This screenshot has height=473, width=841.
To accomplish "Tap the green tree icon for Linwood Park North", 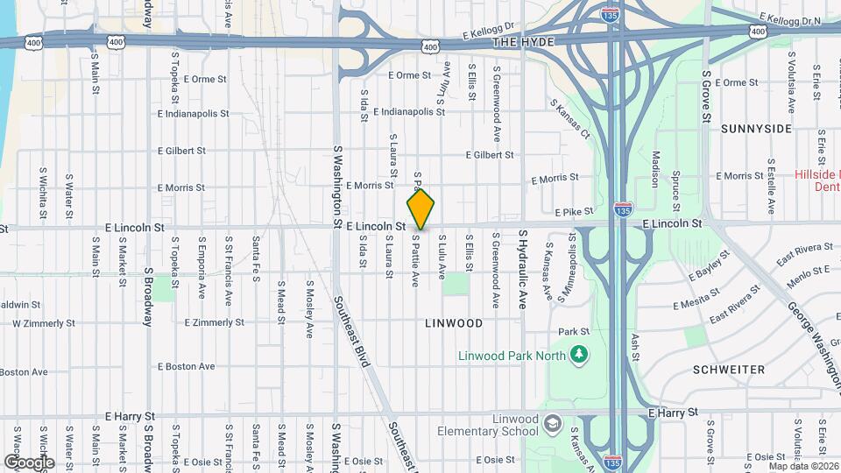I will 578,354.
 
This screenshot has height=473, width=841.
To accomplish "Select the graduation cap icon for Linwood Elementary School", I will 553,424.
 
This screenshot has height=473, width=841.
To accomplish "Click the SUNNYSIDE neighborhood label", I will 756,129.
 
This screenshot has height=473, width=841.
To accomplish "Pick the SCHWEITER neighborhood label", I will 729,370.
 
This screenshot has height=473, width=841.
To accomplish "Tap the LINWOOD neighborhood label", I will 454,323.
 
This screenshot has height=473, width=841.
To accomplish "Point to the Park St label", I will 575,332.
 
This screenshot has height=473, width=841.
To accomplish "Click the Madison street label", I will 654,169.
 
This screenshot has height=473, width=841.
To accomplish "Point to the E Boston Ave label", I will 187,366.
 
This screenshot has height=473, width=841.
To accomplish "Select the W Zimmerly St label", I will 44,323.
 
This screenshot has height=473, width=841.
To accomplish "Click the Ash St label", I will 634,344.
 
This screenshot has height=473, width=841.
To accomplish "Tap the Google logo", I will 29,462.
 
